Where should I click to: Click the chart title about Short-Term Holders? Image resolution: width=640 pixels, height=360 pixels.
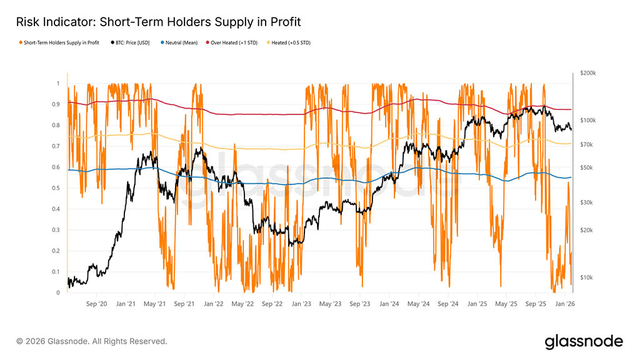(159, 22)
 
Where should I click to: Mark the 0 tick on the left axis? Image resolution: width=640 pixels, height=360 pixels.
(58, 292)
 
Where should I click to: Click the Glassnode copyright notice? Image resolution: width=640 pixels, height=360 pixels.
(92, 341)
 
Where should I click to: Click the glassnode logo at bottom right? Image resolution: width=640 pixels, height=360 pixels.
(583, 341)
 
